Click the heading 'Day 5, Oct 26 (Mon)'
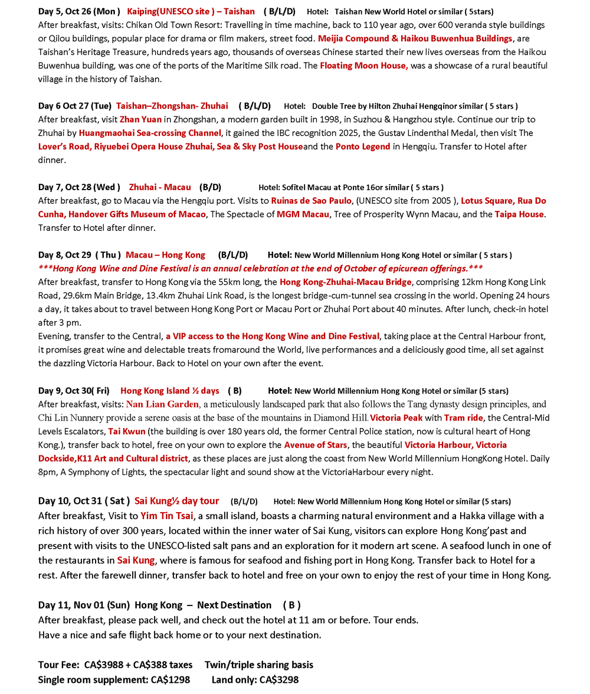coord(79,11)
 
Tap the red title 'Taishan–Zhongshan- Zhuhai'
coord(172,106)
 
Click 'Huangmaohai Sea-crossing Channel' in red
coord(150,133)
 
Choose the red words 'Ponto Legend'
coord(363,146)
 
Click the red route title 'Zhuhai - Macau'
coord(160,187)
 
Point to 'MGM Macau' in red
coord(303,214)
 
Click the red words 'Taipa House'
coord(519,214)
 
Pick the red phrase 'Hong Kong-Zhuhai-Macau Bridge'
coord(345,282)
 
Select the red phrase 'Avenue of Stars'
coord(316,445)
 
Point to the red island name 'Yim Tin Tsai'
coord(167,516)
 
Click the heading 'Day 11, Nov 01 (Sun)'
coord(84,605)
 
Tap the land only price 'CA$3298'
coord(279,680)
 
